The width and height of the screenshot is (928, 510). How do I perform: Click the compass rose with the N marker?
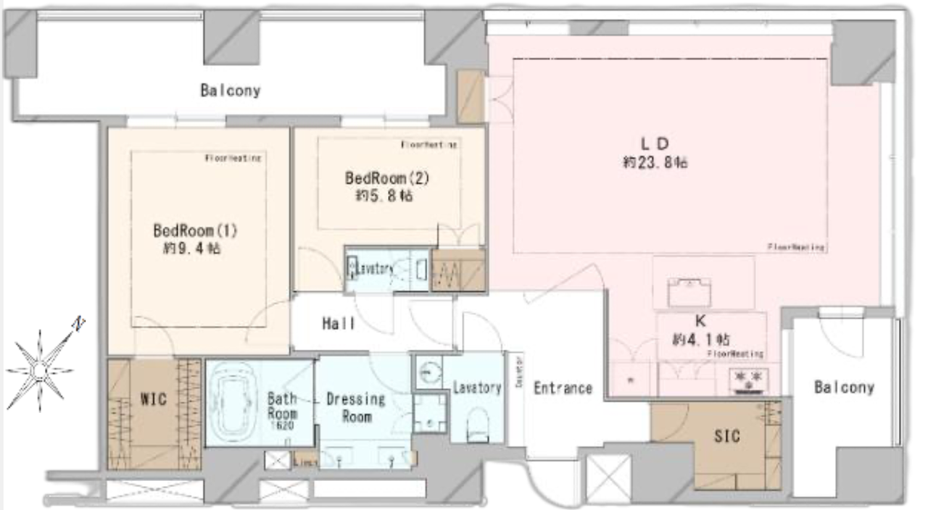(40, 369)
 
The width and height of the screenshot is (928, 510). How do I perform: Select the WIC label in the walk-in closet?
(154, 399)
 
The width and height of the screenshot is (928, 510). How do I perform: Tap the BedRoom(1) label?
(195, 231)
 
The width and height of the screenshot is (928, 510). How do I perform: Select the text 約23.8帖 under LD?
(655, 164)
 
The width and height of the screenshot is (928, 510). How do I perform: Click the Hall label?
(338, 324)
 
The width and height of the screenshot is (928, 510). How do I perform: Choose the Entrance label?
(563, 388)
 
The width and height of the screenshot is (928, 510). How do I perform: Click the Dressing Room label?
(355, 407)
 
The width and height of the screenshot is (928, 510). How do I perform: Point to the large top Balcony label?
(231, 91)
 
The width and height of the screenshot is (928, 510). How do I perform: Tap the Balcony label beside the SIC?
(843, 388)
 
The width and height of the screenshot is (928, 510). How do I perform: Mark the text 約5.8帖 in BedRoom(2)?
(384, 196)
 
